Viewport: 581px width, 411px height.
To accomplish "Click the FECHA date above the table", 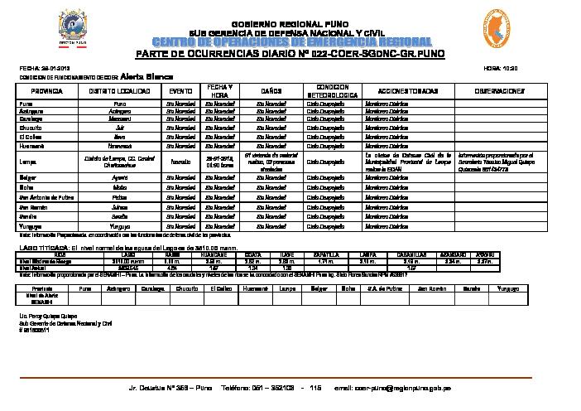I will (x=41, y=67).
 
